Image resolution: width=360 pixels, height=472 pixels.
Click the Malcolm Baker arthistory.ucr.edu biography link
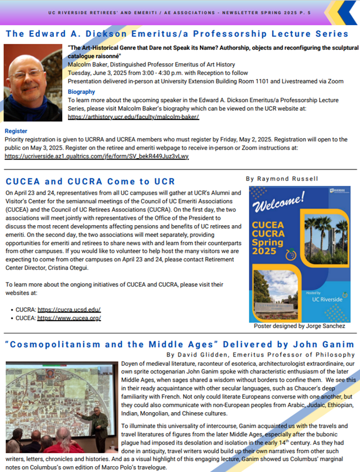(134, 117)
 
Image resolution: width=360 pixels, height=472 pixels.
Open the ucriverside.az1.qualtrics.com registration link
(96, 157)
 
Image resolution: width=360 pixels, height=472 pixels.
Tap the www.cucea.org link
(69, 318)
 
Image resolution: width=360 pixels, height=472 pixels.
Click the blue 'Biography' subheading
(81, 92)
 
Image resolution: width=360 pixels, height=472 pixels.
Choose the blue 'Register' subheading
(16, 131)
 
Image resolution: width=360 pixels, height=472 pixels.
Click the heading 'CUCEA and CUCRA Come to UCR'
(90, 181)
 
